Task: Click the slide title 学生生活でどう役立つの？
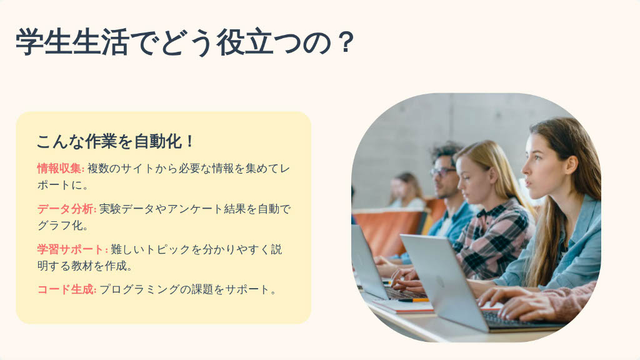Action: tap(184, 42)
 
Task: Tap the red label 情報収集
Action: tap(59, 168)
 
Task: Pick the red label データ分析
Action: tap(66, 209)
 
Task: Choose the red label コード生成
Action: tap(66, 289)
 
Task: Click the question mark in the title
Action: tap(346, 42)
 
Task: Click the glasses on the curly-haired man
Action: tap(442, 172)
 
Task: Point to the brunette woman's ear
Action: tap(571, 165)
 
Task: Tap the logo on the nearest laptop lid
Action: tap(439, 281)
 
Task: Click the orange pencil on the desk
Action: tap(414, 300)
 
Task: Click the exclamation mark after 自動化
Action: tap(189, 142)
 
